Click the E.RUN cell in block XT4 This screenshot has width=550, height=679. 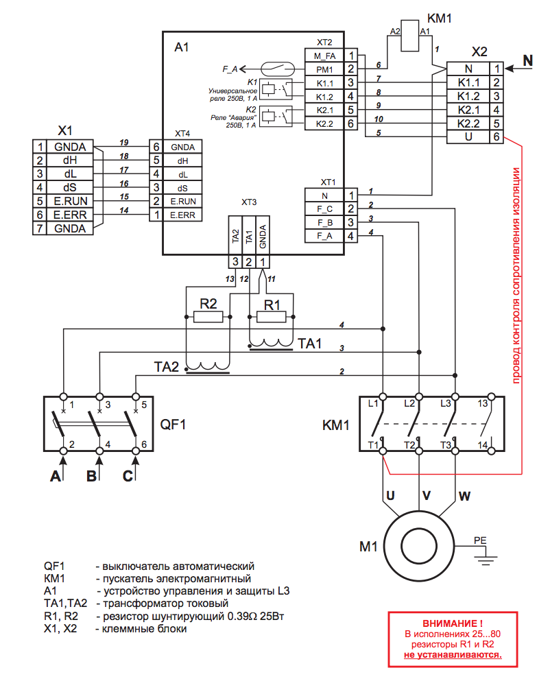tap(183, 201)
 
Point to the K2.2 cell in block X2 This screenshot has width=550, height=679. tap(472, 124)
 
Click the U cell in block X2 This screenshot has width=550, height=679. tap(472, 138)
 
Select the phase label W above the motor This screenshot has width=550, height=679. tap(464, 495)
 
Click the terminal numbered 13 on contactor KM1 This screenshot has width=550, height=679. tap(483, 403)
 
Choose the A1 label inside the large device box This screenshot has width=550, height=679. tap(181, 47)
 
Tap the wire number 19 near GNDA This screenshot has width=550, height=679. tap(124, 142)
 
